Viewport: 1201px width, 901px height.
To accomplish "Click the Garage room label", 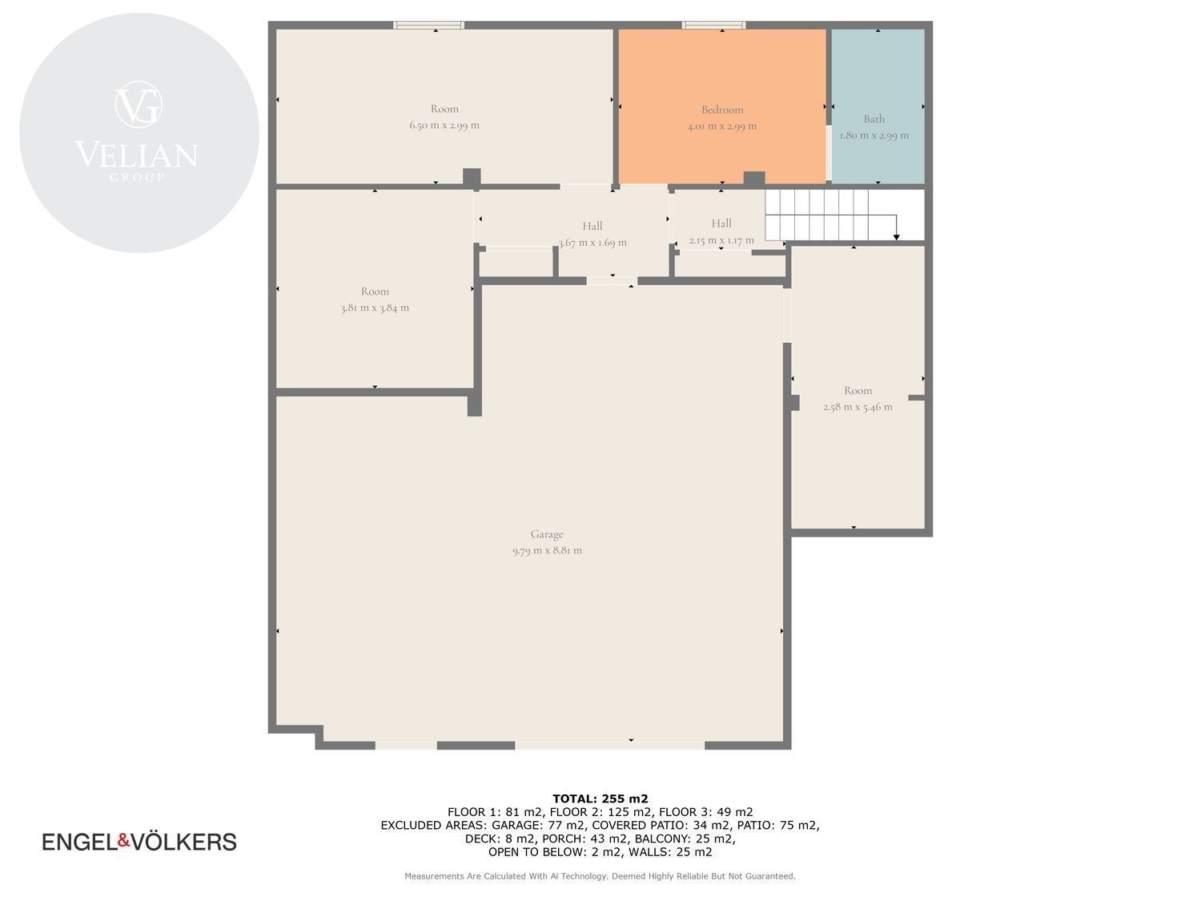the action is click(547, 534).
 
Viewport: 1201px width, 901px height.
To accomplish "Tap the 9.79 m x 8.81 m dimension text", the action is click(547, 550).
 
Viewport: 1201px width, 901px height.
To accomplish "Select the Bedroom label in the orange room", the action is click(722, 110).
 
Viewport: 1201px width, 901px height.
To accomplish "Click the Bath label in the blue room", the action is click(874, 119).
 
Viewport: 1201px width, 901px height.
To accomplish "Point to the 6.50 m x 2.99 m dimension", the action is click(444, 125).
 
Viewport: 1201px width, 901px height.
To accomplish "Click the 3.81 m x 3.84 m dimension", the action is click(375, 308).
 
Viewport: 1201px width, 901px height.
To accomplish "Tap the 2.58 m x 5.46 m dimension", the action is click(858, 407).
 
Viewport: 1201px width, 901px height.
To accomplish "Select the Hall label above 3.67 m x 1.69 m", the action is click(592, 226).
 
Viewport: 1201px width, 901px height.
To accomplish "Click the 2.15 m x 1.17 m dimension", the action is click(721, 240).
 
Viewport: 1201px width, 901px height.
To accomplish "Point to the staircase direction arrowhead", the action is click(896, 237).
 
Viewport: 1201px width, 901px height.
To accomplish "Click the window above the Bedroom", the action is click(713, 25).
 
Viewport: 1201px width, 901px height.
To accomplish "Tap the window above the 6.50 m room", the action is click(429, 25).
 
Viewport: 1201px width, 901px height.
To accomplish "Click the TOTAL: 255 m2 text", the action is click(600, 798).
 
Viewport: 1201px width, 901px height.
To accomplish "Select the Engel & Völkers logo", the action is click(139, 842).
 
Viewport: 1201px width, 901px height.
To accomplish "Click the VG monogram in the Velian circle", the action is click(139, 104).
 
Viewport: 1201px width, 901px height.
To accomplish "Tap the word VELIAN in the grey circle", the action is click(137, 155).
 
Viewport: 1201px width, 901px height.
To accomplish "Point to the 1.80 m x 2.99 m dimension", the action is click(874, 135).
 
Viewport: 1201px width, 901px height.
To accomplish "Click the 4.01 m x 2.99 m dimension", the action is click(722, 127).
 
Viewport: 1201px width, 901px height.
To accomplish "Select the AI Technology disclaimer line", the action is click(600, 876).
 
